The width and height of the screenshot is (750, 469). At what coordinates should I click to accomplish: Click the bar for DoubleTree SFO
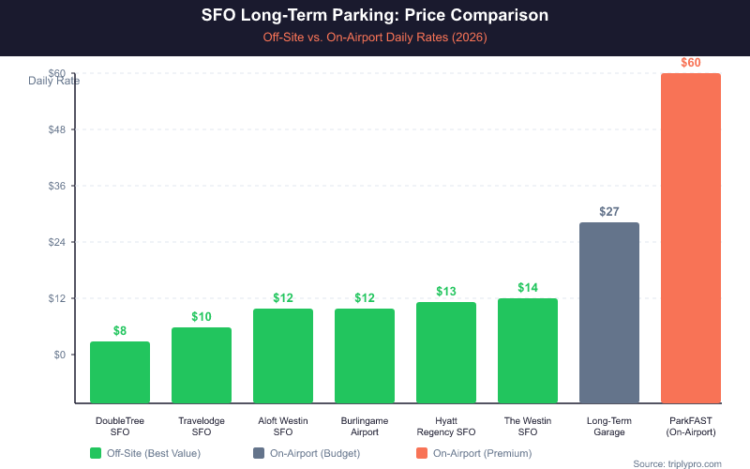[x=120, y=372]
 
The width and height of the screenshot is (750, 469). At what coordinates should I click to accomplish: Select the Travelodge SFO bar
[x=202, y=366]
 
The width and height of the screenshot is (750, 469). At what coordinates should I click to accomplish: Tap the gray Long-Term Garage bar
[x=609, y=312]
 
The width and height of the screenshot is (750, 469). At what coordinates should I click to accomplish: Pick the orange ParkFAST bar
[x=691, y=238]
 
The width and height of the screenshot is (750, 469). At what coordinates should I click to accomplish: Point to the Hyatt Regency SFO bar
[x=446, y=353]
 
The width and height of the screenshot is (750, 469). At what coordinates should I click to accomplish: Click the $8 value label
[x=120, y=330]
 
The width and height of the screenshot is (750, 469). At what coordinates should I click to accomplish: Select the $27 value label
[x=609, y=212]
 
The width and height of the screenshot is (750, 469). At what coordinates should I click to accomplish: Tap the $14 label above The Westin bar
[x=528, y=287]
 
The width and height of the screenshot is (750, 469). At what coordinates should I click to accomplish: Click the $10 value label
[x=202, y=316]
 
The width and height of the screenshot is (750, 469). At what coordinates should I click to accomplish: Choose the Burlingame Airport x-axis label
[x=365, y=426]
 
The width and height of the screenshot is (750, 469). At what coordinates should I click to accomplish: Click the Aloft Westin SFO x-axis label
[x=283, y=426]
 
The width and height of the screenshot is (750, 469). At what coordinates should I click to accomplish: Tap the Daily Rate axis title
[x=53, y=81]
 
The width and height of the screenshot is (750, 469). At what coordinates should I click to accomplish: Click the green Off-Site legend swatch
[x=96, y=453]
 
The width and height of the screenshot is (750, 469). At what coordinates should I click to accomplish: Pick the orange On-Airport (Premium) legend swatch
[x=422, y=453]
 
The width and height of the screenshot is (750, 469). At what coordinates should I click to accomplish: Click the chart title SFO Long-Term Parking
[x=375, y=16]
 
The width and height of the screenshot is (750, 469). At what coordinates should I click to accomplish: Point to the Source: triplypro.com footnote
[x=678, y=464]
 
